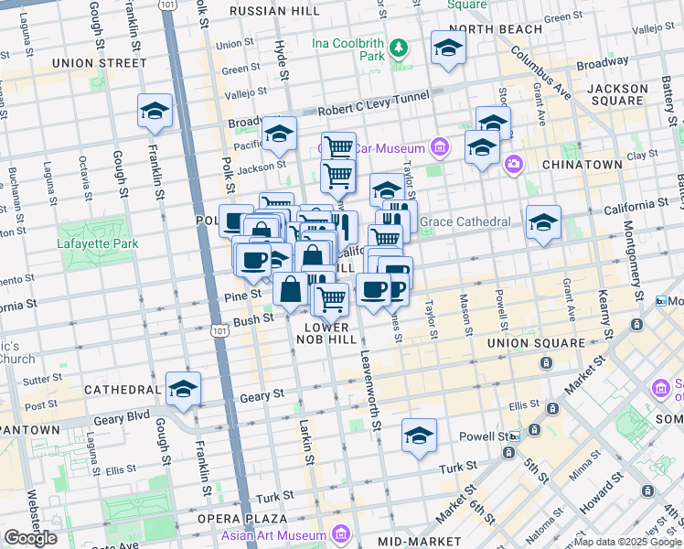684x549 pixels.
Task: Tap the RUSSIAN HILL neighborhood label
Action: [x=274, y=11]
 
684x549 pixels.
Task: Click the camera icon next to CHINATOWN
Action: [x=514, y=164]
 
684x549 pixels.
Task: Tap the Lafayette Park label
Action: [x=97, y=243]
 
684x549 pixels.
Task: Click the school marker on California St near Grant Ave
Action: [x=543, y=222]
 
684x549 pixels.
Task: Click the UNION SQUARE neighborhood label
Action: [x=535, y=343]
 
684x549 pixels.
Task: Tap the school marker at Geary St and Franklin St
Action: [x=183, y=389]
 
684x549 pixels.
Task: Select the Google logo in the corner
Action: [x=30, y=538]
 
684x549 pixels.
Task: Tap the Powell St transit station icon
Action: [x=514, y=436]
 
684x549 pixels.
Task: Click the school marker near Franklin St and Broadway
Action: [x=155, y=111]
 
